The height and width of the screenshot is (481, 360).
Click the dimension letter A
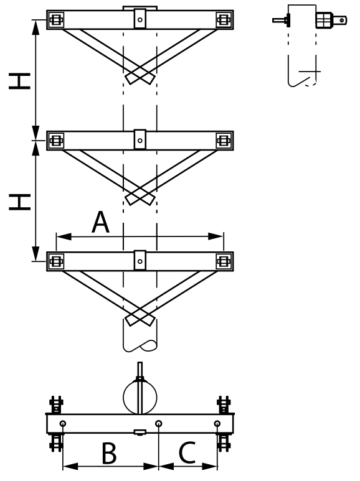point(100,222)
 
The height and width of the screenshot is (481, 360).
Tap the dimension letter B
point(109,452)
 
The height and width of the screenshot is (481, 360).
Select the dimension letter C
point(187,452)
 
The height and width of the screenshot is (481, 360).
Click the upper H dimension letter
point(20,81)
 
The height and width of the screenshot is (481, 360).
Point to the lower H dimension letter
point(20,202)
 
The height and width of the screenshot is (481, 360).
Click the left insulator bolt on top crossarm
point(56,20)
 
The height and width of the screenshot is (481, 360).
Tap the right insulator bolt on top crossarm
point(224,20)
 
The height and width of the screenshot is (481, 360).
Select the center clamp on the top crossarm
point(140,19)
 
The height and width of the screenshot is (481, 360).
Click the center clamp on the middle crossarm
point(140,139)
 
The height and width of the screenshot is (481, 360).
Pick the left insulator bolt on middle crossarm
point(56,141)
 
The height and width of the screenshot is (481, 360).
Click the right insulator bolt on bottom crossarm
point(224,261)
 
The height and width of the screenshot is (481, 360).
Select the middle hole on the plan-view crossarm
point(158,424)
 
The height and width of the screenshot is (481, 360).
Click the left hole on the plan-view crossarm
point(63,424)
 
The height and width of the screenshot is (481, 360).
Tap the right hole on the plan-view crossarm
point(217,424)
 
